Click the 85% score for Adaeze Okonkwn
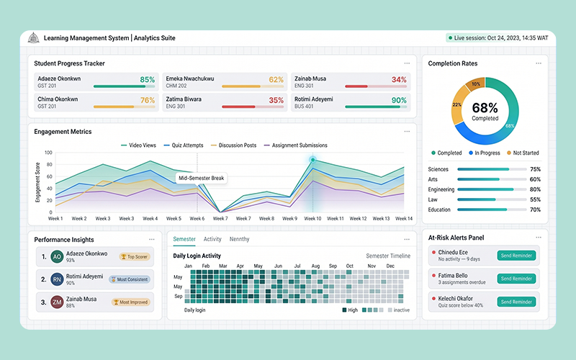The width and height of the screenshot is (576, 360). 147,80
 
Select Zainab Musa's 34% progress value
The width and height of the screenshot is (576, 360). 399,80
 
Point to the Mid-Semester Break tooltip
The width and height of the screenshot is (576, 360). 202,178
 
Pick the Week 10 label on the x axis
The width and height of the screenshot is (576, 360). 312,218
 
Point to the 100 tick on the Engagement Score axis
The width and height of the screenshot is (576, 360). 49,153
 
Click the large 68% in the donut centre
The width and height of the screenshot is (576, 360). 485,108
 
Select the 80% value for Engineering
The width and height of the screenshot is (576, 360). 535,189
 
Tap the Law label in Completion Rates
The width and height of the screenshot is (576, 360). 433,199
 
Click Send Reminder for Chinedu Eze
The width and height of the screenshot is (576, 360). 516,256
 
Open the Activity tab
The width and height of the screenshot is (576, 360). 212,239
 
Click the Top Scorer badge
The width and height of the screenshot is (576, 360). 133,256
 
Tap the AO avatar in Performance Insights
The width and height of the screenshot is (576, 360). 56,257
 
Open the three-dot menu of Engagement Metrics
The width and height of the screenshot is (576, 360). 408,131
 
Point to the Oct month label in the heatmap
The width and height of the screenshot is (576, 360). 349,266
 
